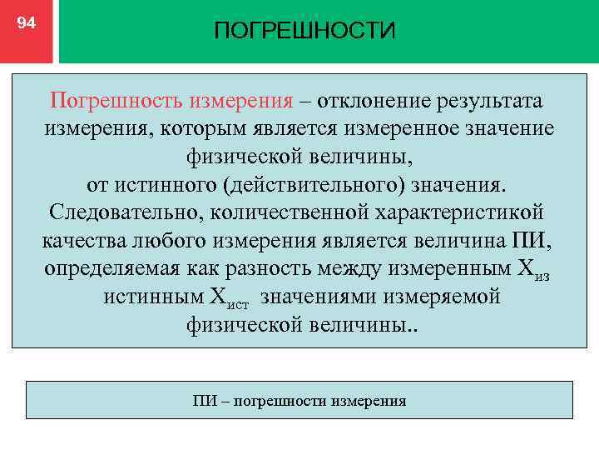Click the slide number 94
tap(27, 23)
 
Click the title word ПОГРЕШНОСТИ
tap(304, 31)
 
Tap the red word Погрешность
tap(116, 101)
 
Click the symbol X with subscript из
tap(525, 269)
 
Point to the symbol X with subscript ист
tap(239, 297)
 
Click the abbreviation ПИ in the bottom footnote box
tap(204, 401)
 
